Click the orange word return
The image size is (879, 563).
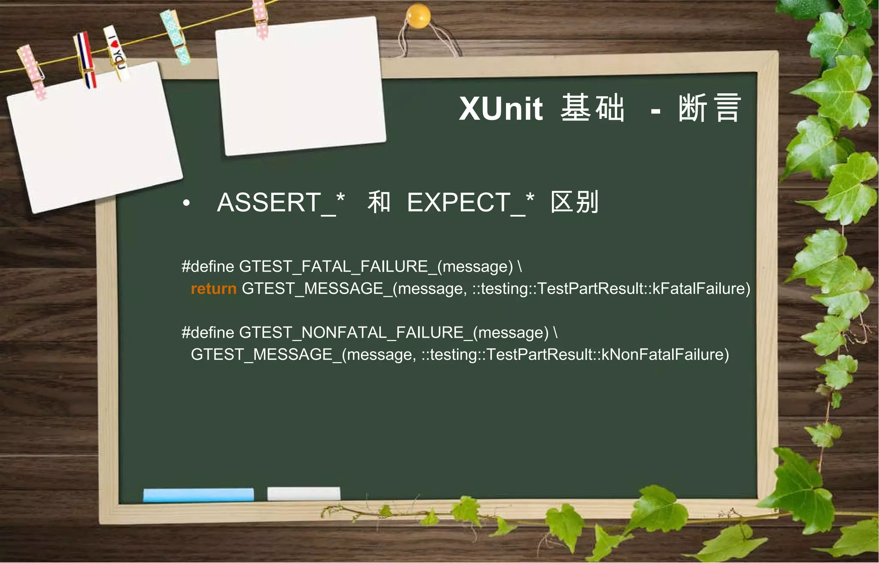tap(213, 289)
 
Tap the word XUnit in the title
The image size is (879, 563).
tap(501, 109)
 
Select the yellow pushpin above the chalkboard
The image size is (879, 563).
tap(418, 16)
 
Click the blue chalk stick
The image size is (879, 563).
tap(198, 494)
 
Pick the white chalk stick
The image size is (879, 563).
tap(303, 493)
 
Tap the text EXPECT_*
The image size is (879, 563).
tap(470, 203)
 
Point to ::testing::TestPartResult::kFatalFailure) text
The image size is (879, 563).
tap(611, 289)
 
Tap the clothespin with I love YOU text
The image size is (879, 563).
tap(116, 52)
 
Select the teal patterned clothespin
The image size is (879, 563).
tap(176, 37)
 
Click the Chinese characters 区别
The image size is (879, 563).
tap(574, 202)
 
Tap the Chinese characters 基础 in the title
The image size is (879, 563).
tap(592, 108)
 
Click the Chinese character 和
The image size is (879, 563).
tap(379, 202)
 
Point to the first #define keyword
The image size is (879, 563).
tap(208, 266)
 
